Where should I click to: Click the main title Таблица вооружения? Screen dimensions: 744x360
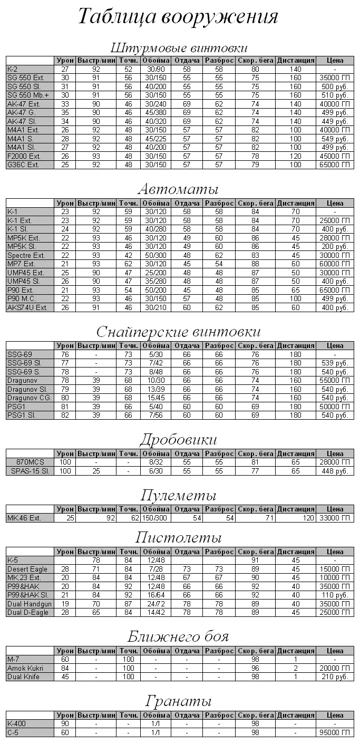(x=178, y=17)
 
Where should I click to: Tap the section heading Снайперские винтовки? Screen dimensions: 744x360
(x=179, y=332)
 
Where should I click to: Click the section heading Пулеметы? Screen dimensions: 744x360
(x=179, y=496)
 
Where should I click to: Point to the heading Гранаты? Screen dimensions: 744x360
(x=179, y=702)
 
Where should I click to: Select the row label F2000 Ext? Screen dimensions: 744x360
(x=22, y=156)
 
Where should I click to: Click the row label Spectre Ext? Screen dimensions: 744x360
(x=25, y=255)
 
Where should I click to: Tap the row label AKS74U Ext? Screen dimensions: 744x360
(x=27, y=307)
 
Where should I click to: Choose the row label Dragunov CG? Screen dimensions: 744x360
(x=29, y=398)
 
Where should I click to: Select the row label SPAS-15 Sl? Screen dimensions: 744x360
(x=30, y=471)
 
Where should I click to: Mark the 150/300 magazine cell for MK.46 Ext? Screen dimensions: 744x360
(x=155, y=518)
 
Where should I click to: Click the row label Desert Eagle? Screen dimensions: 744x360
(x=27, y=569)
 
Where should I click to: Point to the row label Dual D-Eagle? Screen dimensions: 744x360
(x=27, y=612)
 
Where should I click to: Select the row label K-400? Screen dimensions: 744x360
(x=16, y=723)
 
